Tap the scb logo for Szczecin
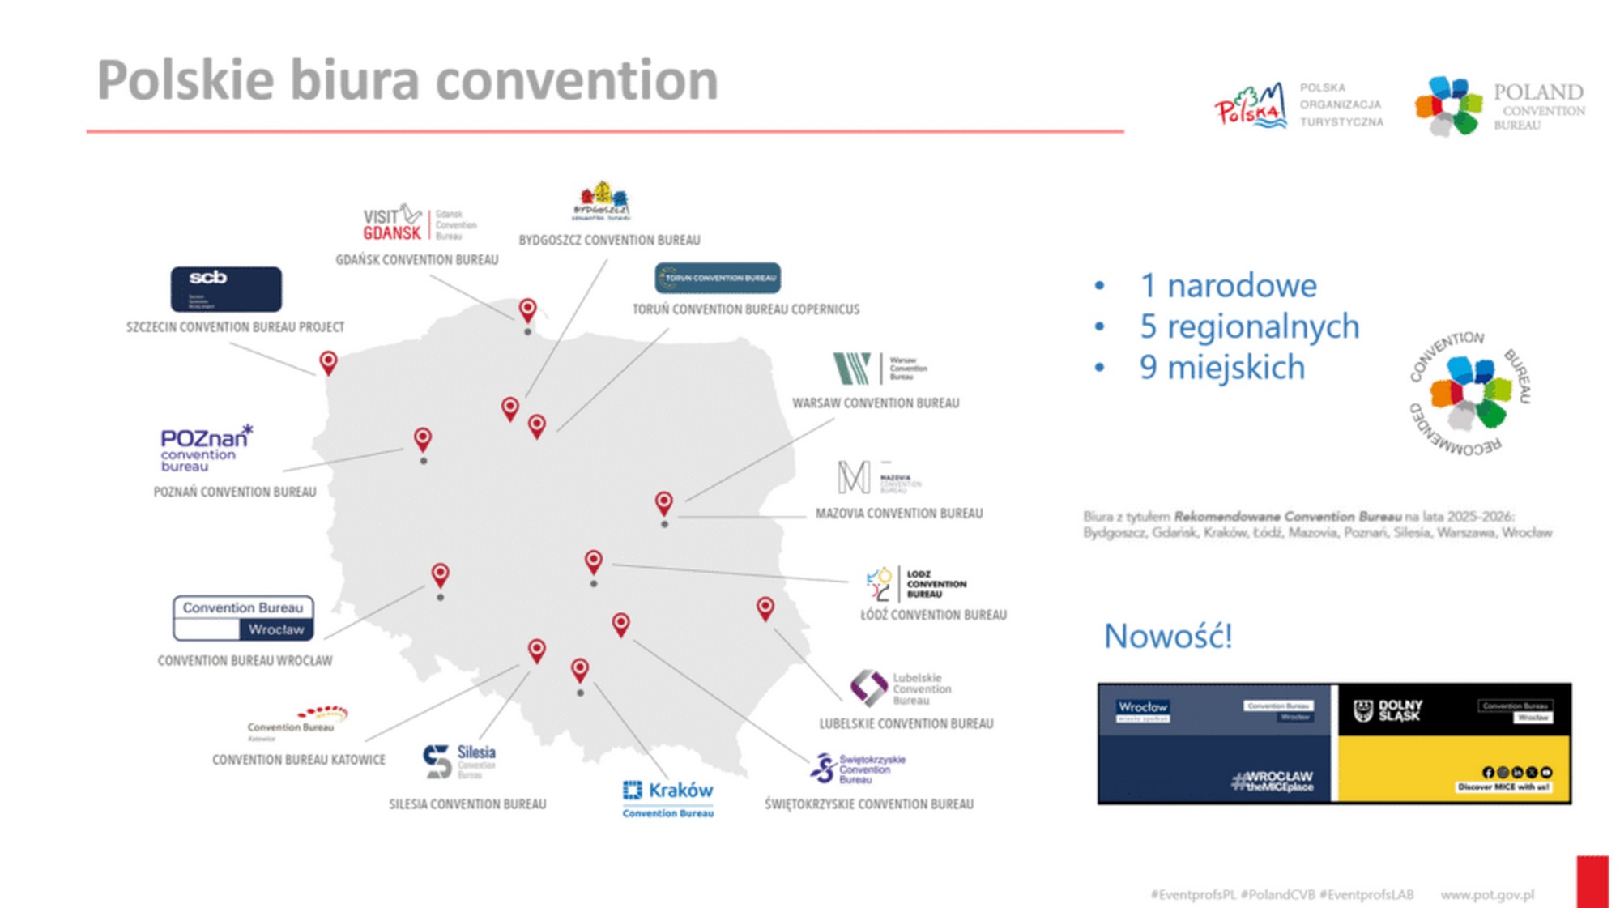point(226,289)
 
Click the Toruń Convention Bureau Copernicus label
point(745,309)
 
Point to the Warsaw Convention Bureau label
point(875,403)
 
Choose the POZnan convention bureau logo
point(206,448)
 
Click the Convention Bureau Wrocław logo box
point(243,618)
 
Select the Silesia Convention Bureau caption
point(467,804)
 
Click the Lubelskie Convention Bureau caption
point(906,723)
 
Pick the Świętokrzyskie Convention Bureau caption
point(869,804)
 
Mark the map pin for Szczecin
point(328,361)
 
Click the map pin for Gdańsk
point(527,309)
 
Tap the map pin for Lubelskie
point(765,607)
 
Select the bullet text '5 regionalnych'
point(1249,326)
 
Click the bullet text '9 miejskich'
point(1222,368)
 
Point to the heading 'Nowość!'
point(1167,636)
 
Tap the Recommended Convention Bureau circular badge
point(1470,393)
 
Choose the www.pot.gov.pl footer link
point(1487,894)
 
